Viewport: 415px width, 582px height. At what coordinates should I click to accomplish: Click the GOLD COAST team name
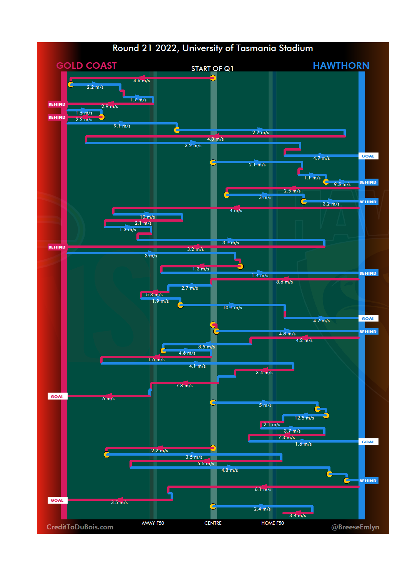[x=86, y=66]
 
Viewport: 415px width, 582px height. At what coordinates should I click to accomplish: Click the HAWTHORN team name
[x=341, y=66]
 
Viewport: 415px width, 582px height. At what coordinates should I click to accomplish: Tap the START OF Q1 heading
[x=212, y=69]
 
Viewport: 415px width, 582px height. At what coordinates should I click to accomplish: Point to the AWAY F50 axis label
[x=153, y=523]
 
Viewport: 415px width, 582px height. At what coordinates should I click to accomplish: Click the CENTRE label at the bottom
[x=213, y=523]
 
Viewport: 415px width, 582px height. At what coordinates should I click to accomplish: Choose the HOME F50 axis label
[x=272, y=523]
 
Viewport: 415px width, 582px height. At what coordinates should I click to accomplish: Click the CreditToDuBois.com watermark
[x=80, y=527]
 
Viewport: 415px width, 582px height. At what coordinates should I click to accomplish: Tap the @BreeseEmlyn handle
[x=355, y=527]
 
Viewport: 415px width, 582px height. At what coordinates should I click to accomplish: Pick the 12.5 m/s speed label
[x=304, y=418]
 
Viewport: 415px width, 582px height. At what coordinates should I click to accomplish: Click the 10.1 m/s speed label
[x=232, y=308]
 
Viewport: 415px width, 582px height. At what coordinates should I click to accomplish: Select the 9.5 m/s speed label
[x=342, y=184]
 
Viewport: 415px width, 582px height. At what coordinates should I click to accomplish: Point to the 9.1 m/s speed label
[x=122, y=126]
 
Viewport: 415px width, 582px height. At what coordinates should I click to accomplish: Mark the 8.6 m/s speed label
[x=284, y=282]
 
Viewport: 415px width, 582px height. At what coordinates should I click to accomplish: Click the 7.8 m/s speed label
[x=184, y=386]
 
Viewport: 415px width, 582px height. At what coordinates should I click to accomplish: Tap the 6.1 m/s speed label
[x=263, y=489]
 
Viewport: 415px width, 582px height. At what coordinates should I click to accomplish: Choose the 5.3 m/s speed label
[x=154, y=295]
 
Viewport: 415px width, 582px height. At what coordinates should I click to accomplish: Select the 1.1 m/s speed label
[x=312, y=178]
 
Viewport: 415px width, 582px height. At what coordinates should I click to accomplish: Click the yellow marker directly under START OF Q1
[x=213, y=78]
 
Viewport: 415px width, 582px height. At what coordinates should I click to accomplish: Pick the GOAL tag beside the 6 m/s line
[x=57, y=396]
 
